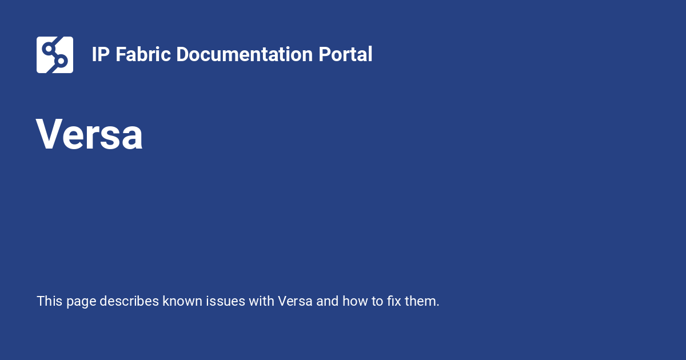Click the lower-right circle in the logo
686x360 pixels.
click(x=61, y=61)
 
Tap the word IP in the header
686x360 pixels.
click(x=101, y=55)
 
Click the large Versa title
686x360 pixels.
click(x=89, y=135)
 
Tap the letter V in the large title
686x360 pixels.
click(x=50, y=135)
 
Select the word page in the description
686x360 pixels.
click(x=81, y=302)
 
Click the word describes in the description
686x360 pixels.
click(x=129, y=301)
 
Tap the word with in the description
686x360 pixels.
click(x=261, y=301)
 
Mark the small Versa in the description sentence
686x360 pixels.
click(x=295, y=301)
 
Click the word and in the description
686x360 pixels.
click(x=328, y=301)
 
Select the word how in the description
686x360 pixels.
click(x=354, y=301)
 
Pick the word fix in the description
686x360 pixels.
click(x=394, y=301)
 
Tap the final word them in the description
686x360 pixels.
click(x=422, y=301)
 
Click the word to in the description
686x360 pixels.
click(x=377, y=301)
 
